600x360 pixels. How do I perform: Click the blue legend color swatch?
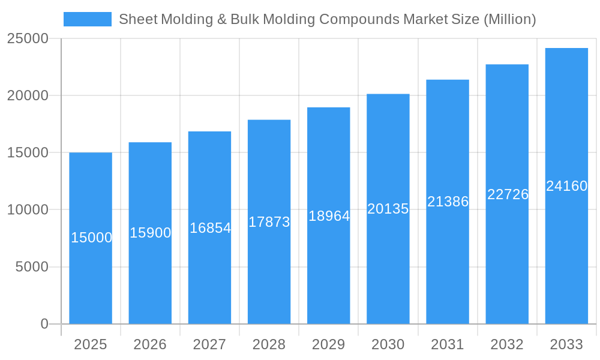click(88, 19)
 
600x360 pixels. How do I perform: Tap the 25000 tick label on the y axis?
click(28, 38)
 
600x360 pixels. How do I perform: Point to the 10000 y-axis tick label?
click(28, 210)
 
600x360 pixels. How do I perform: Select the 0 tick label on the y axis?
click(44, 324)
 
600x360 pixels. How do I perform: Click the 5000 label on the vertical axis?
click(32, 267)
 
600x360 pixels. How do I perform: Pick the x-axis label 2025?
click(91, 344)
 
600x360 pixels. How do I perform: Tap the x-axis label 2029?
click(329, 344)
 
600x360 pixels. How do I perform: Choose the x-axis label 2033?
click(566, 344)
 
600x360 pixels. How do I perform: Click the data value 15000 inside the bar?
click(91, 238)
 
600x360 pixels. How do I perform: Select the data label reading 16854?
click(210, 228)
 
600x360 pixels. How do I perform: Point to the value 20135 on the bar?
click(388, 209)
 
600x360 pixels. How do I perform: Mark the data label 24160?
click(566, 186)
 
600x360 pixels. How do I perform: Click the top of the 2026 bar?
click(150, 143)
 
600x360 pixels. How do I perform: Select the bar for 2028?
click(269, 270)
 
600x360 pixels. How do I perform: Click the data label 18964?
click(329, 216)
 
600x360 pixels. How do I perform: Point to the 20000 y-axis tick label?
click(28, 95)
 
